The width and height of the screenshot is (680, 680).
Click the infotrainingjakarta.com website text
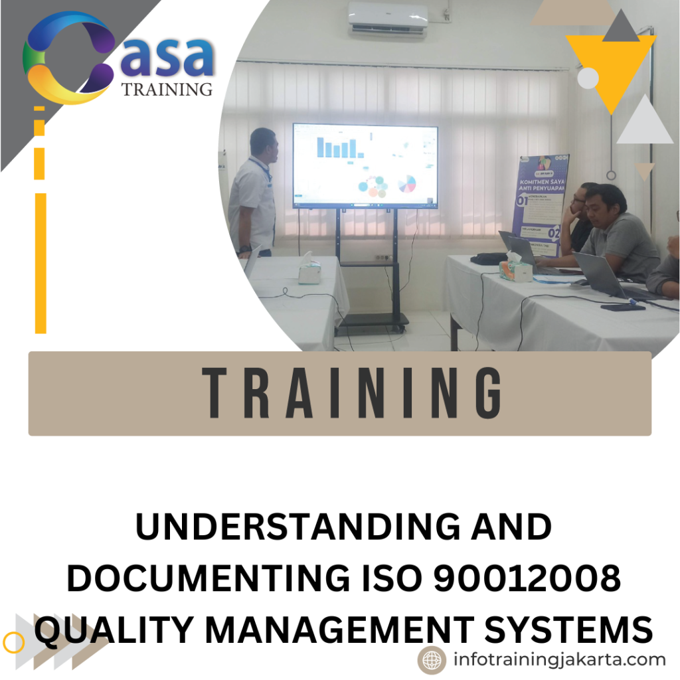click(559, 659)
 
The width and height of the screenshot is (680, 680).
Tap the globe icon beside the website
click(432, 660)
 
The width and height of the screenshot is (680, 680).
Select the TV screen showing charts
click(365, 166)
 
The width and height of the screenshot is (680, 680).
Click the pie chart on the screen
click(406, 183)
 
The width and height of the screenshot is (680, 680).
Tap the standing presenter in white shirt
click(254, 193)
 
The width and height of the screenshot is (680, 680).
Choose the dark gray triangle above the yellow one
click(620, 27)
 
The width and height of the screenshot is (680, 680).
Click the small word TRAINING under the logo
click(167, 89)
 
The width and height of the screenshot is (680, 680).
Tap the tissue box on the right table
click(515, 268)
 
